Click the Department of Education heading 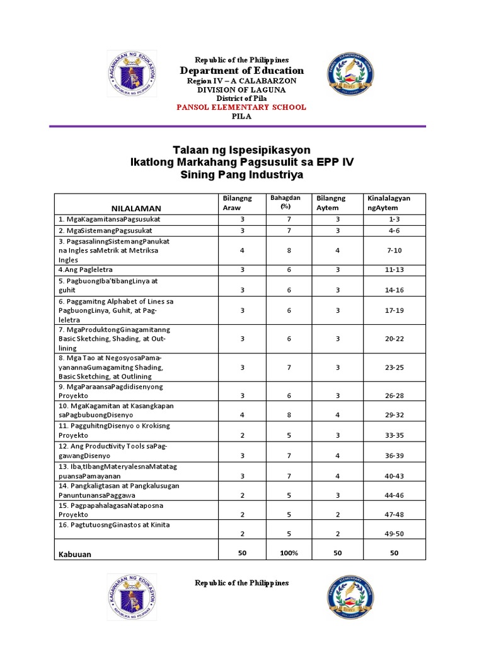(x=242, y=71)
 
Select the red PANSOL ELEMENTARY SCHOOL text (x=242, y=107)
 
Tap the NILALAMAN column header (x=136, y=208)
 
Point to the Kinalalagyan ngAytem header (x=388, y=203)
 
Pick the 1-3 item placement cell (x=395, y=219)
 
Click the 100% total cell (x=289, y=553)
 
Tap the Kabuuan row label (x=75, y=555)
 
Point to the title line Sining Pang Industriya (x=242, y=175)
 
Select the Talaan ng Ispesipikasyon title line (x=242, y=150)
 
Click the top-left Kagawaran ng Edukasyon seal (x=132, y=74)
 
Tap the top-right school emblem (x=350, y=74)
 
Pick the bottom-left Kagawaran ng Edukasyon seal (x=132, y=596)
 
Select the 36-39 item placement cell (x=395, y=455)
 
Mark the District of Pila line (x=242, y=98)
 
